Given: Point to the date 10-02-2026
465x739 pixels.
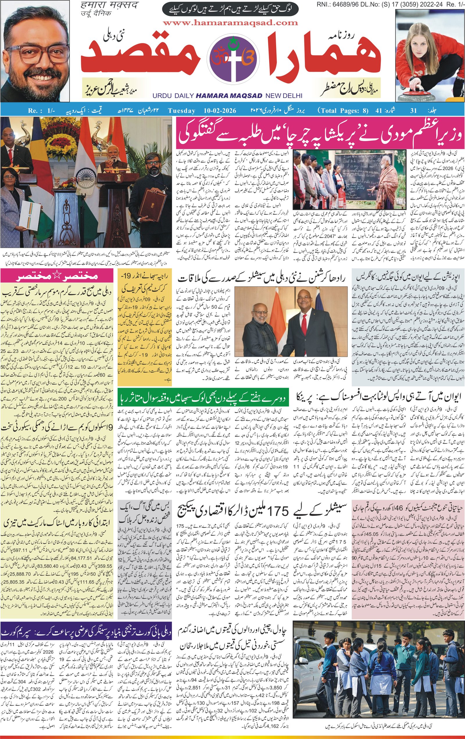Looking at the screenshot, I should (220, 111).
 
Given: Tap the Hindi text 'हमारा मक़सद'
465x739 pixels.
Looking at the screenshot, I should (110, 6).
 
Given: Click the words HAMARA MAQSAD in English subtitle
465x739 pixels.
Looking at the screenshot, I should (229, 96).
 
